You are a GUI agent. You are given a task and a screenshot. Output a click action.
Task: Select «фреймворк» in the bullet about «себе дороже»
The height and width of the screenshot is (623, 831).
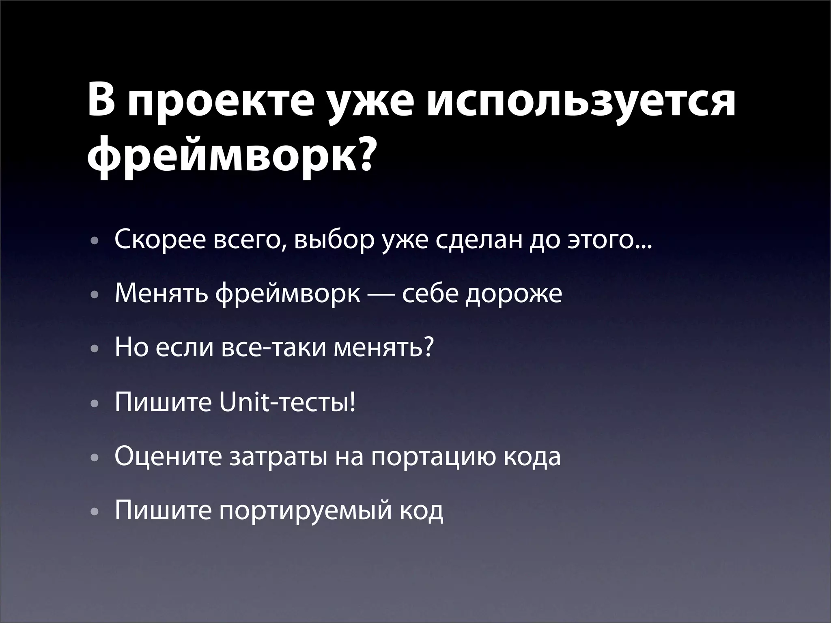(x=288, y=294)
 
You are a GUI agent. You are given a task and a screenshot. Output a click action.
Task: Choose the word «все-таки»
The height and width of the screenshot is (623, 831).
(x=273, y=348)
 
